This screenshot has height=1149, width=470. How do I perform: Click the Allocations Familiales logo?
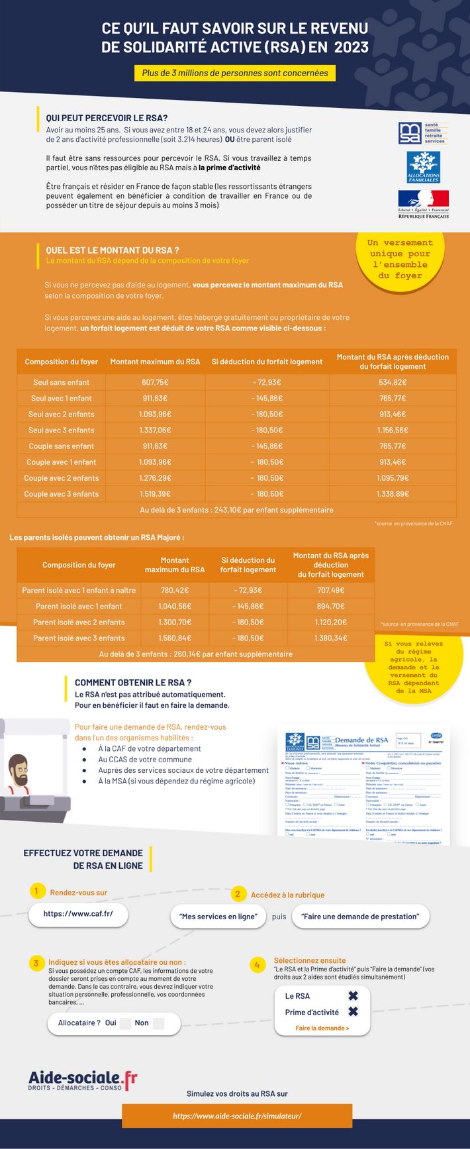423,166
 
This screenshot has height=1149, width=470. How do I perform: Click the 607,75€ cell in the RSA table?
155,382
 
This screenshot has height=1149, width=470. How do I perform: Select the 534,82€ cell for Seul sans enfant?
393,382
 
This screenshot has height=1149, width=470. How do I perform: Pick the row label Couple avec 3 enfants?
61,494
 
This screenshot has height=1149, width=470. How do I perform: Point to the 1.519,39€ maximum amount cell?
155,494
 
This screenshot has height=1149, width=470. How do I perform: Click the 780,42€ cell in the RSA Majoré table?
175,590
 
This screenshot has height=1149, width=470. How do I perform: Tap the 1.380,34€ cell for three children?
331,638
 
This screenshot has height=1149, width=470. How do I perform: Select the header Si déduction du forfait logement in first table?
267,362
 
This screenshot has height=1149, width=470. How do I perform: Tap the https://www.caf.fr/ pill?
78,914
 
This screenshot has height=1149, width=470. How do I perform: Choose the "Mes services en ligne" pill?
218,917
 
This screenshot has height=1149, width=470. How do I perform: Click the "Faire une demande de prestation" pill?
360,917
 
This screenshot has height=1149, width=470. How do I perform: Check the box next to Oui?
126,1023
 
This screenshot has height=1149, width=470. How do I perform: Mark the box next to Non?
158,1023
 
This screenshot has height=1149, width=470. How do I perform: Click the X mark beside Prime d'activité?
353,1012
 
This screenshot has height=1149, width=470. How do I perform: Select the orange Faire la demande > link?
322,1028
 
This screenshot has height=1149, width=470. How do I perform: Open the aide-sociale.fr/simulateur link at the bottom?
237,1116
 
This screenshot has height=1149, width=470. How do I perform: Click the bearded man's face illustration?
18,772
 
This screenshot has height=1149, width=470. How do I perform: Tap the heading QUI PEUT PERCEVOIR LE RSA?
107,118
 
